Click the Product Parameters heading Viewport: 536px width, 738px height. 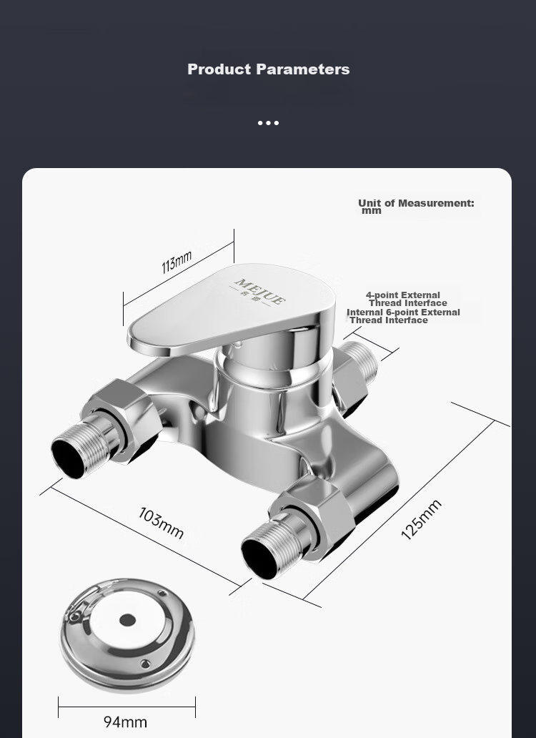click(x=269, y=69)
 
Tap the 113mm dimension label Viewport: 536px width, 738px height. click(x=177, y=262)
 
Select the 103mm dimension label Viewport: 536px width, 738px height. click(x=161, y=523)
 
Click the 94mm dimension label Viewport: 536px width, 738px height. click(x=125, y=722)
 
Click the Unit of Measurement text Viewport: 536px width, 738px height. click(x=416, y=207)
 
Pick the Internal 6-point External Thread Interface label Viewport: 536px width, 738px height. click(x=403, y=316)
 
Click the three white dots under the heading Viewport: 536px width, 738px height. click(x=269, y=123)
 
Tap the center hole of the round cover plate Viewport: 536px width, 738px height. click(x=127, y=620)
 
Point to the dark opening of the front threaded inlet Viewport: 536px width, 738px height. click(x=260, y=559)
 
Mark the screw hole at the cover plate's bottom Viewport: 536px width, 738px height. click(x=146, y=663)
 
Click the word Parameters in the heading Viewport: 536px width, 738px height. click(x=303, y=69)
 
